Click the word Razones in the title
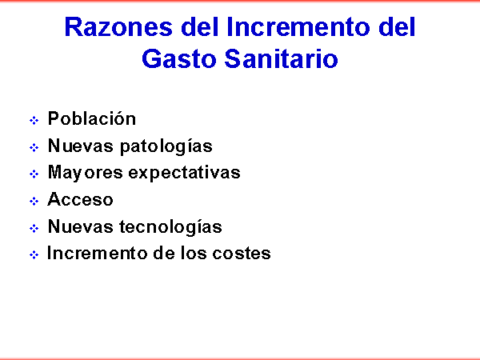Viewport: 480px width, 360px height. [118, 27]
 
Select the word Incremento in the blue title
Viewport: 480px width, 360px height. [299, 27]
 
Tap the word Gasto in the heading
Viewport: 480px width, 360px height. [179, 58]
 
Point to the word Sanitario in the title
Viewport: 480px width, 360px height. [282, 58]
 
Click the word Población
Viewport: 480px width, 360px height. [92, 118]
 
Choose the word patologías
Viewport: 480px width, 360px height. [166, 146]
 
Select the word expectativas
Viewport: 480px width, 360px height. [184, 173]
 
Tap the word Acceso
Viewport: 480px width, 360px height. [80, 199]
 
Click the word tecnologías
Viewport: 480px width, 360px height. [170, 227]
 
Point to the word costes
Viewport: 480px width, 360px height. [242, 254]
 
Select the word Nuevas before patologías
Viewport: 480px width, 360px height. [81, 146]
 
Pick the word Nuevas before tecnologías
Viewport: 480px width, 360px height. [81, 226]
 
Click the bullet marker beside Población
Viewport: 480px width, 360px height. [34, 120]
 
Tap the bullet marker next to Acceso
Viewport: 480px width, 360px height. [34, 201]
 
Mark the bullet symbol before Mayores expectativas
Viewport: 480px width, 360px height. [34, 174]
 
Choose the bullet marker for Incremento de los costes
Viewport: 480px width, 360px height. [34, 254]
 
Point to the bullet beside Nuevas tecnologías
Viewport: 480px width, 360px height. [34, 228]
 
